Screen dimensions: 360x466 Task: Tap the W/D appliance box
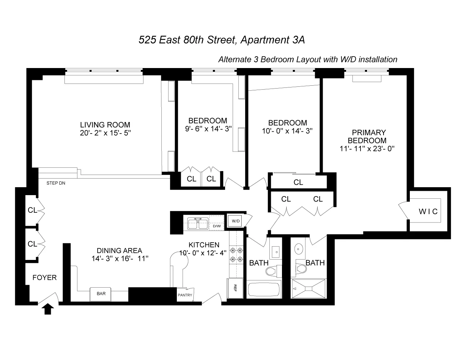236,221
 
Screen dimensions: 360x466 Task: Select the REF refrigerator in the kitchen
235,288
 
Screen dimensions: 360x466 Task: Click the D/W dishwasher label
217,226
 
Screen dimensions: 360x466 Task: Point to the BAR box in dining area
101,294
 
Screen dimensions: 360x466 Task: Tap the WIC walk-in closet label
428,211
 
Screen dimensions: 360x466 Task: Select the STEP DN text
56,183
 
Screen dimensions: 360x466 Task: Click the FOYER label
44,278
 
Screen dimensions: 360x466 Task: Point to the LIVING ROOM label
105,125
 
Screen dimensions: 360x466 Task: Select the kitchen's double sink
197,223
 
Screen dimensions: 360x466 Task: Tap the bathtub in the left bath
264,291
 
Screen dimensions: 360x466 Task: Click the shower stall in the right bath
308,289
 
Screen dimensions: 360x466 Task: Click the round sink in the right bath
299,248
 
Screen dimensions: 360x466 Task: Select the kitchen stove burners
237,254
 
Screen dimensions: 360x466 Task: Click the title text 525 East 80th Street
187,40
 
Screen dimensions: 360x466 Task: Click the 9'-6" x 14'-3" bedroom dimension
207,128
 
